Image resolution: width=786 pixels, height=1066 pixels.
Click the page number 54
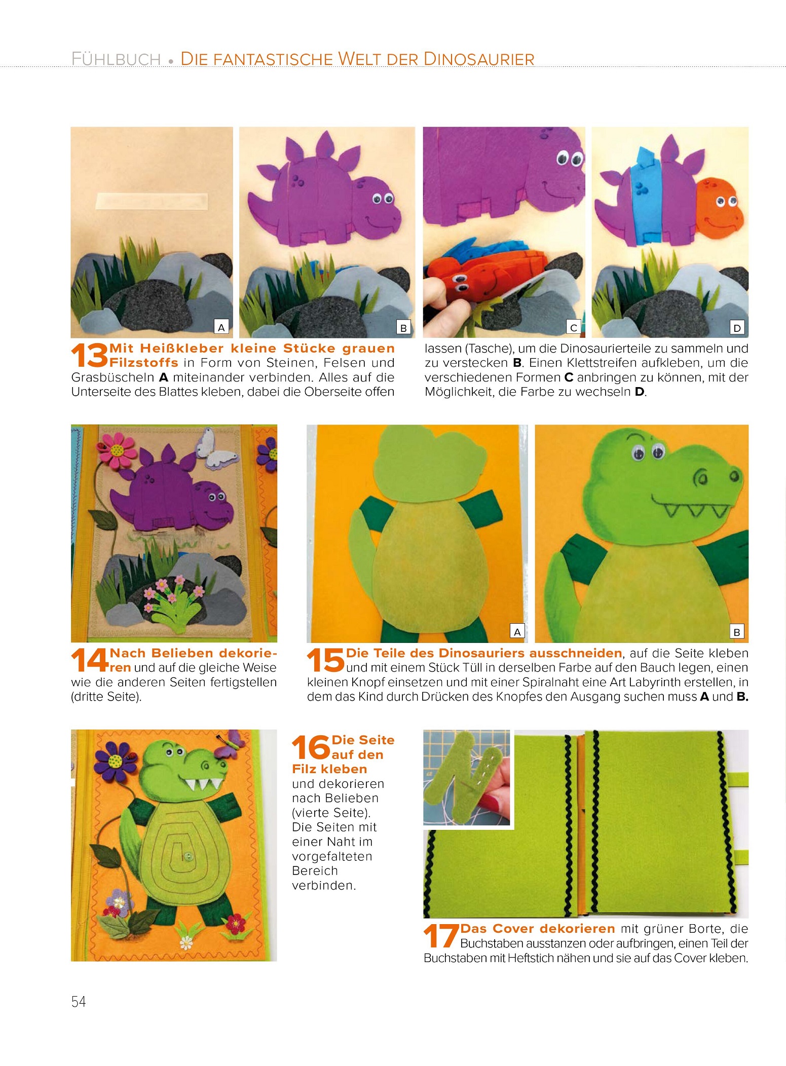[x=79, y=1001]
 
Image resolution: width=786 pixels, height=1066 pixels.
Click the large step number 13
[x=90, y=355]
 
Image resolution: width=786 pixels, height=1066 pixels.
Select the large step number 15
[x=325, y=660]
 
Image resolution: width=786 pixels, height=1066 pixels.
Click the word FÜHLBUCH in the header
[x=116, y=59]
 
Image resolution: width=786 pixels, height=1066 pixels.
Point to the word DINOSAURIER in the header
[x=479, y=59]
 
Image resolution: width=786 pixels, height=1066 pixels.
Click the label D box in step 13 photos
[x=737, y=328]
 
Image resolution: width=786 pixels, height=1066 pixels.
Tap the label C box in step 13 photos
[x=573, y=328]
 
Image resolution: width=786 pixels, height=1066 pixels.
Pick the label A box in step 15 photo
[x=517, y=631]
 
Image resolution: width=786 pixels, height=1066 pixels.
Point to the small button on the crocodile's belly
[x=189, y=856]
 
